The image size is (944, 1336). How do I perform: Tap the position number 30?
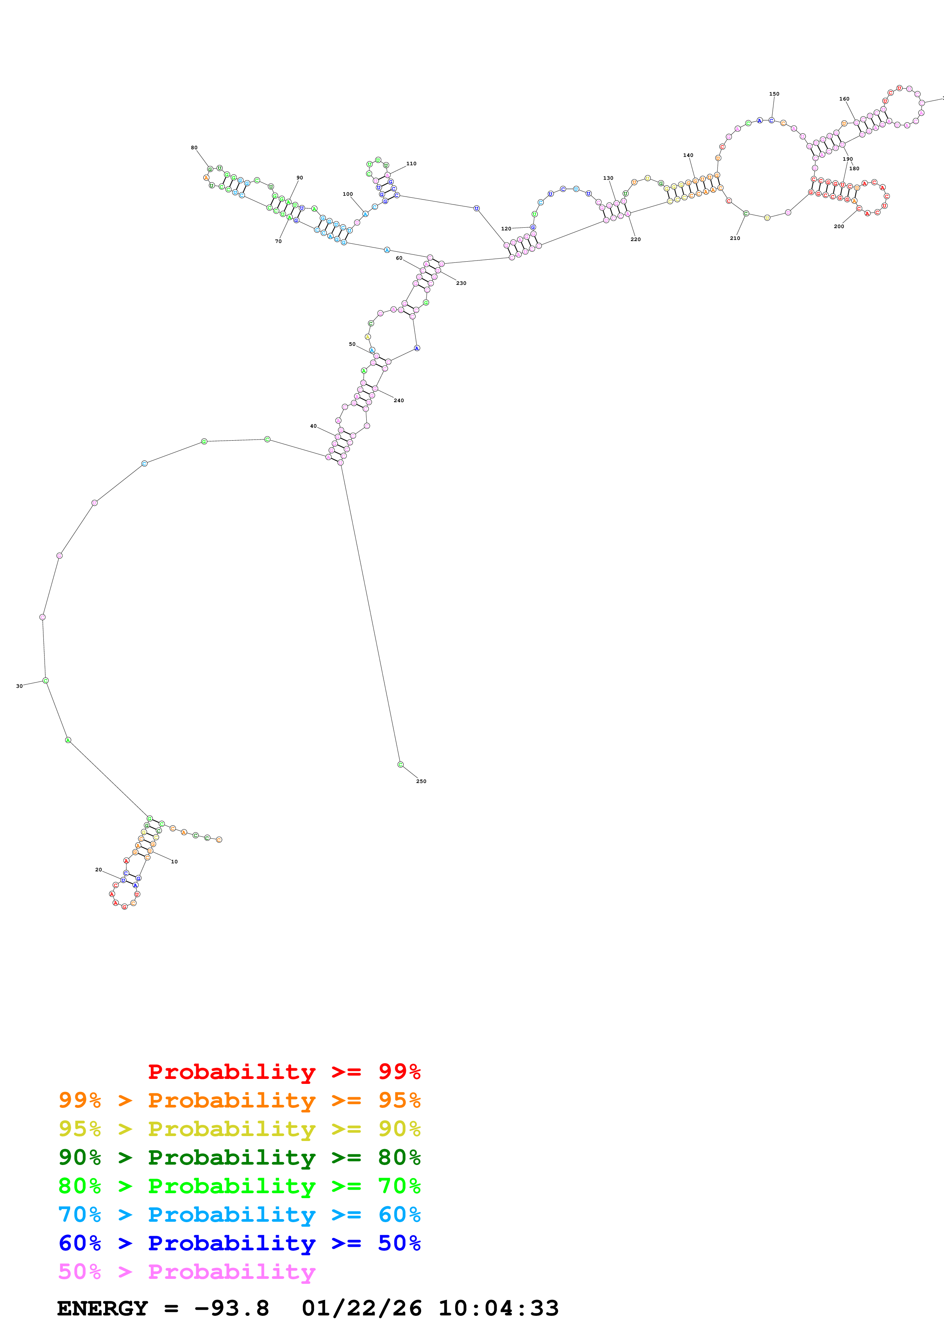(19, 686)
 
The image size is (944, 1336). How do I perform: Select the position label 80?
(194, 148)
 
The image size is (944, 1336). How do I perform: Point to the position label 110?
(411, 163)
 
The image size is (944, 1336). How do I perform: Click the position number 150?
(774, 94)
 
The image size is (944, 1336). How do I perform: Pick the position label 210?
(735, 238)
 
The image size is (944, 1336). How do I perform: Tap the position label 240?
(398, 400)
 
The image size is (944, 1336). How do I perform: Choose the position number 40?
(313, 426)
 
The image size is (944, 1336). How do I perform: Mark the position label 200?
(839, 226)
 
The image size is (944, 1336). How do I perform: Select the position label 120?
(506, 229)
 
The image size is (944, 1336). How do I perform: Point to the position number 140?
(688, 155)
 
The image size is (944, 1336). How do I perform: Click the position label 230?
(461, 283)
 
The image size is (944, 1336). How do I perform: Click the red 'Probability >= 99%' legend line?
(284, 1072)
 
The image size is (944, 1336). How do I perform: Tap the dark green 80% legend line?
(239, 1157)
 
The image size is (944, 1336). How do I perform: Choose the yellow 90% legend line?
(239, 1129)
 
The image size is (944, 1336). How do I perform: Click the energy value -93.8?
(232, 1309)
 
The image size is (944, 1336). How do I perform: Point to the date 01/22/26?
(361, 1309)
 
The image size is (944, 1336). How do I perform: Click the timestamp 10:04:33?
(498, 1309)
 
